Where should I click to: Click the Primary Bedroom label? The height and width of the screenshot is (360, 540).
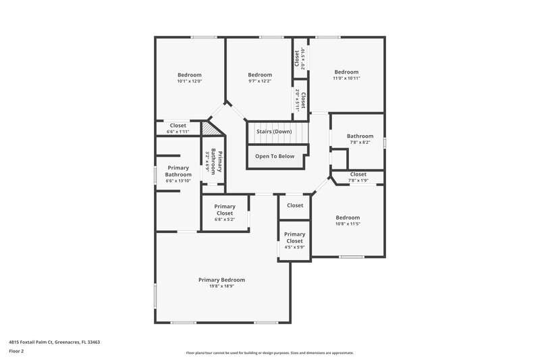(x=221, y=280)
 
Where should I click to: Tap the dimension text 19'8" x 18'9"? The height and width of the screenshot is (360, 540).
(x=221, y=286)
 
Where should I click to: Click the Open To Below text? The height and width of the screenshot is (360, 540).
(x=275, y=156)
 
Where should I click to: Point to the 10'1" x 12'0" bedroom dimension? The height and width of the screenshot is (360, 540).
(x=190, y=81)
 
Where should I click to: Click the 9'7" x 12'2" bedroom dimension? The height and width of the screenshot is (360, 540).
(x=260, y=81)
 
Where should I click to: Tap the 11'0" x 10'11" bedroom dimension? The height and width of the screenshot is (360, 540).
(x=347, y=78)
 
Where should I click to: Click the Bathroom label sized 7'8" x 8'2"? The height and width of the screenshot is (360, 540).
(x=360, y=136)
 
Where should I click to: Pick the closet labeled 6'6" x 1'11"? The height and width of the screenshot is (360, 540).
(x=178, y=126)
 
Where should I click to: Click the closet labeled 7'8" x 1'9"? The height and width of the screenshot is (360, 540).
(x=358, y=175)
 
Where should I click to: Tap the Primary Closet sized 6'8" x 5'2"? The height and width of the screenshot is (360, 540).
(x=225, y=209)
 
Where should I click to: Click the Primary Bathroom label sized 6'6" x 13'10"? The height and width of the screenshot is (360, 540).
(x=178, y=172)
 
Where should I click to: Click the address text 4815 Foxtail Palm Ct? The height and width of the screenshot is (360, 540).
(x=54, y=342)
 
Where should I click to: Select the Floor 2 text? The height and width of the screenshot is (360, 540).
(x=17, y=351)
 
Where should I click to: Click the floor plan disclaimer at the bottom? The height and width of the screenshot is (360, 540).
(x=270, y=353)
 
